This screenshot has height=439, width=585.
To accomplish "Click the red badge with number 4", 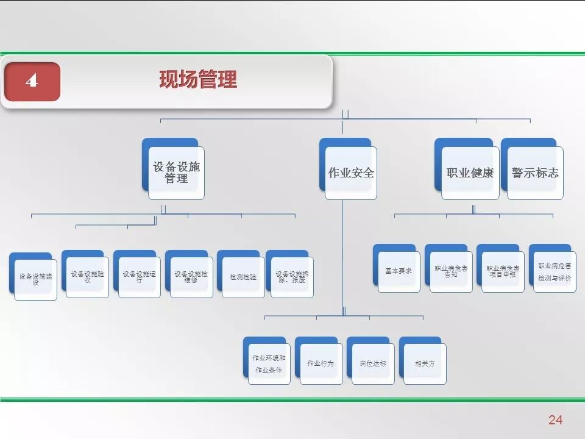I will click(32, 81).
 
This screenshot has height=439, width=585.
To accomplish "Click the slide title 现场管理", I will click(198, 79).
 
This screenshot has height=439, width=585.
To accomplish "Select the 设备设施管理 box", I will click(176, 173).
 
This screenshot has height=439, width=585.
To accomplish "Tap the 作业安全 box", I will click(351, 173).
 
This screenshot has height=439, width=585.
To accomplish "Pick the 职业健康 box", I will click(470, 173).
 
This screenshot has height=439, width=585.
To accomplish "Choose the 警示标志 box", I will click(535, 173).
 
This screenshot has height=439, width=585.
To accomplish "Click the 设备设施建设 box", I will click(35, 279).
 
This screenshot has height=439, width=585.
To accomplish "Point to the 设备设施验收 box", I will click(87, 276).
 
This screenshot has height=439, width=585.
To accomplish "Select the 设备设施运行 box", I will click(139, 276).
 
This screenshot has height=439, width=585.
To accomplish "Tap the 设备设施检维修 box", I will click(191, 276).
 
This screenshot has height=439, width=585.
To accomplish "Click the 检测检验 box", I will click(243, 276).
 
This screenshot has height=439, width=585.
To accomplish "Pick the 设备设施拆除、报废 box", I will click(292, 276).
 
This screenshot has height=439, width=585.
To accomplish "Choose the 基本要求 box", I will click(399, 271).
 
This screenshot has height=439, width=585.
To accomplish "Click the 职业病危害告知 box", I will click(451, 271).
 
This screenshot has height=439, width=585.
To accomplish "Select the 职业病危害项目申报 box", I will click(503, 271).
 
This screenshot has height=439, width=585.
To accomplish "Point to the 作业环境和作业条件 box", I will click(269, 363).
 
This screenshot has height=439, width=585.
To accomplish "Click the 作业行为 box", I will click(321, 363).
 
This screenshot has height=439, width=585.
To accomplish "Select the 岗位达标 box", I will click(372, 363).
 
